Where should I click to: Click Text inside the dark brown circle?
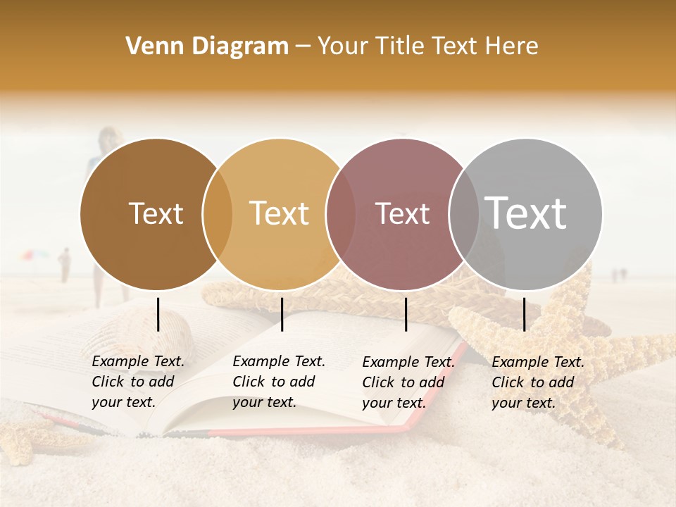pos(156,214)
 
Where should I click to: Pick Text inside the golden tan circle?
pos(279,214)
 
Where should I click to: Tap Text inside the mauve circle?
pos(402,214)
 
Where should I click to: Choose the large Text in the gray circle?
pos(525,213)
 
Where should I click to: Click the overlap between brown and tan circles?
pos(218,214)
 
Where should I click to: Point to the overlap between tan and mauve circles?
pos(341,214)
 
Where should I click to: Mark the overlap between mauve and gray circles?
pos(464,214)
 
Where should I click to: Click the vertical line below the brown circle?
pos(158,314)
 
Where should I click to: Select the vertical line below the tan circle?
pos(282,314)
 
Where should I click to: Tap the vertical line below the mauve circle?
pos(406,314)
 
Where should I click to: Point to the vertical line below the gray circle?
pos(524,314)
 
